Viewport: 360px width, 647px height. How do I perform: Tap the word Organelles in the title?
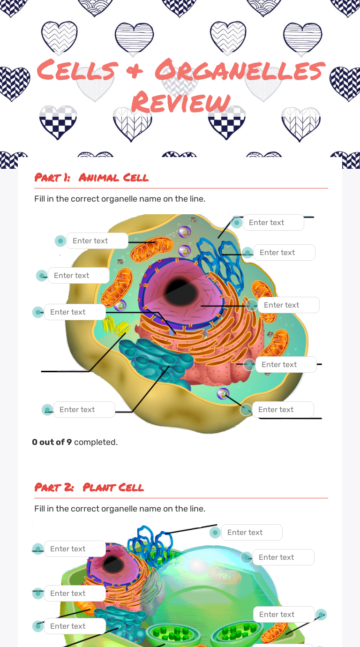click(239, 70)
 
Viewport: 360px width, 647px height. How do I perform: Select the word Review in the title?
click(180, 102)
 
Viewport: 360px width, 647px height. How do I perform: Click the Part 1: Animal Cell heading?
click(91, 178)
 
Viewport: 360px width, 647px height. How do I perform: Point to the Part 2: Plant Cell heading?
click(89, 488)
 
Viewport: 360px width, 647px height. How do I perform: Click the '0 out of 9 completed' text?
click(75, 442)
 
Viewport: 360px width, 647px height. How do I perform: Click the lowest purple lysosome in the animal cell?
click(223, 393)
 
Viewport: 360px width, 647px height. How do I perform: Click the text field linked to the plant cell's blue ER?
click(252, 533)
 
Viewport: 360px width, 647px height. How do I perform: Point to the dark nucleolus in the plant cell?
click(112, 563)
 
